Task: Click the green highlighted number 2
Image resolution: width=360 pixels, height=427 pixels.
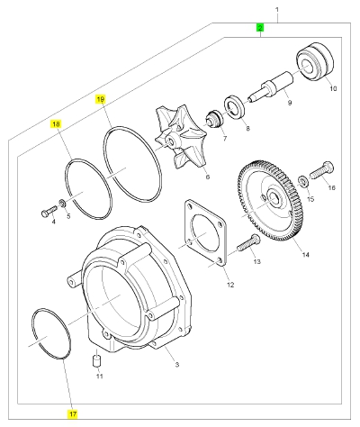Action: [260, 28]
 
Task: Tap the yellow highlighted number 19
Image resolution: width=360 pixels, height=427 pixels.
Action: [101, 99]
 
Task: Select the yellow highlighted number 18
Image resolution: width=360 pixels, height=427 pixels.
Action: [57, 124]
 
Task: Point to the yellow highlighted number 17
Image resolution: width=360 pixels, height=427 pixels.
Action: [73, 414]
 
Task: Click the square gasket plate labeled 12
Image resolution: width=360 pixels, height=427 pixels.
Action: [205, 234]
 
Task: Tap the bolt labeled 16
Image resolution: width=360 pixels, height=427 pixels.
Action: [322, 170]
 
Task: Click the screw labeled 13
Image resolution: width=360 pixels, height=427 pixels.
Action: [248, 243]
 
